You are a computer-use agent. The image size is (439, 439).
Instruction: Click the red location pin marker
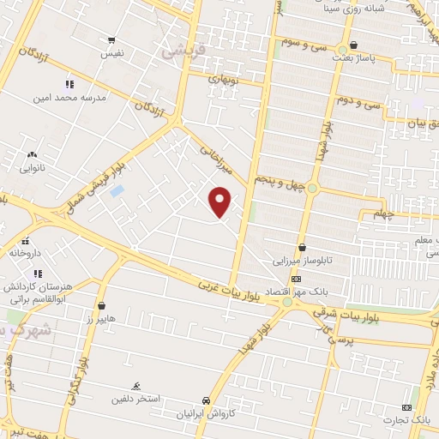click(221, 201)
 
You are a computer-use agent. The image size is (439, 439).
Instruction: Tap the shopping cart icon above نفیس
click(111, 40)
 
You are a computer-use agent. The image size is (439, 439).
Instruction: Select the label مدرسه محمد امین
click(75, 98)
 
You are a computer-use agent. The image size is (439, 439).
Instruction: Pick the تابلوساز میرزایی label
click(301, 260)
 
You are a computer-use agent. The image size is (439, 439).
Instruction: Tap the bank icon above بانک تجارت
click(406, 407)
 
